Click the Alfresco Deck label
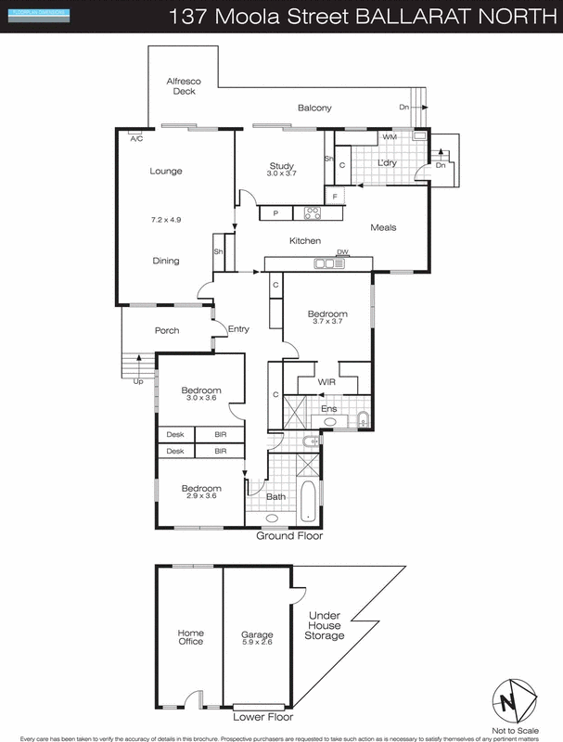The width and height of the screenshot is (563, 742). [x=182, y=86]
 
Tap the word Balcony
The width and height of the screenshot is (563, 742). [x=314, y=109]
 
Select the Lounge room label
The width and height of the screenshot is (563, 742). [x=166, y=171]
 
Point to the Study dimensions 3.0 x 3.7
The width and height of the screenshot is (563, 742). [x=281, y=174]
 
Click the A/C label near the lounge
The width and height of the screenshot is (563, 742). [x=136, y=139]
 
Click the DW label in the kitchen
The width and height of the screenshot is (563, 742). [x=342, y=252]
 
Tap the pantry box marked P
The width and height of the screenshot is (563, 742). [x=276, y=213]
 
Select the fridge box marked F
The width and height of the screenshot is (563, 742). [x=335, y=197]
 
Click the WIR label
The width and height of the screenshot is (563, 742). [x=326, y=381]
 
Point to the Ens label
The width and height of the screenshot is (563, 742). [x=328, y=408]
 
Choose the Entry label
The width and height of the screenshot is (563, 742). [x=239, y=329]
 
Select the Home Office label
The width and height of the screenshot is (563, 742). [x=190, y=637]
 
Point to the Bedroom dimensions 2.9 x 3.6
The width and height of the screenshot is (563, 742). [x=201, y=497]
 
